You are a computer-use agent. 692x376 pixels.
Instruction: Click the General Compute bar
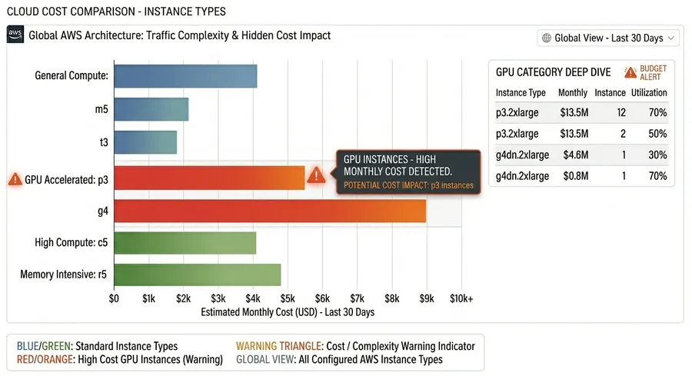click(x=185, y=76)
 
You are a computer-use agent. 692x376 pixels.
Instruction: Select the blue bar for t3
click(x=145, y=142)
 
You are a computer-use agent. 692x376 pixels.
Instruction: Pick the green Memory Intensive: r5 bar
click(x=197, y=275)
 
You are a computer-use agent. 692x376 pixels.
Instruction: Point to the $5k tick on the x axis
click(x=288, y=298)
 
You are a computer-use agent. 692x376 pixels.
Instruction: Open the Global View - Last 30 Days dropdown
click(x=607, y=38)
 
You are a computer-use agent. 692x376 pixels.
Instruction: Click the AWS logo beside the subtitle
click(x=15, y=35)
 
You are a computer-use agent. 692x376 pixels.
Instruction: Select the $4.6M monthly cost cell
click(x=575, y=155)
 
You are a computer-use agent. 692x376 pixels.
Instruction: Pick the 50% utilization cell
click(x=657, y=134)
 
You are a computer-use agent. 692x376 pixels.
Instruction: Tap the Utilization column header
click(x=649, y=92)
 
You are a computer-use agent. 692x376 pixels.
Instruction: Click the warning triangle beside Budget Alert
click(x=630, y=72)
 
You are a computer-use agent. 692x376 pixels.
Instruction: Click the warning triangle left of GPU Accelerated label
click(x=15, y=178)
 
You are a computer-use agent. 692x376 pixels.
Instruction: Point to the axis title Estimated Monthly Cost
click(x=287, y=313)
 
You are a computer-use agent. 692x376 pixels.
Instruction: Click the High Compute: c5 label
click(x=71, y=243)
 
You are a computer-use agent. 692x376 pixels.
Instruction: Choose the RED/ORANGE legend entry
click(x=119, y=359)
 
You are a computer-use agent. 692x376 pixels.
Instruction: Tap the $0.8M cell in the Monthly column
click(x=575, y=176)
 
